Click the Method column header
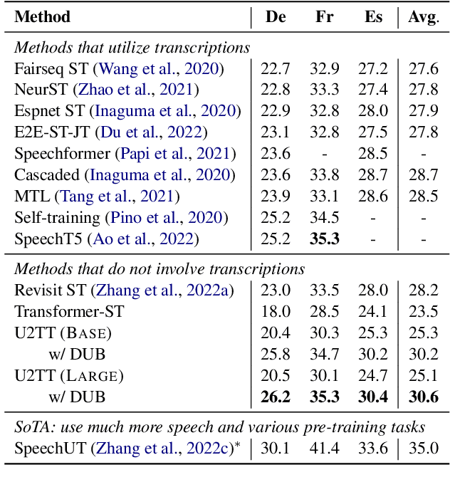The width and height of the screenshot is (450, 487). (42, 16)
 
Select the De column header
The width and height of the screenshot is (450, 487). (276, 16)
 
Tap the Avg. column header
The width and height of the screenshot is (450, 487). (423, 16)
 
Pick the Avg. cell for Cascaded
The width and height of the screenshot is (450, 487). (423, 174)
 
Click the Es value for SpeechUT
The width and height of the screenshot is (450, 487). (373, 448)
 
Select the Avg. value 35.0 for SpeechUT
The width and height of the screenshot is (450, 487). (424, 448)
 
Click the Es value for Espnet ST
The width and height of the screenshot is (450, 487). (373, 112)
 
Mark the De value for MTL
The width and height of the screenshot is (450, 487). (276, 196)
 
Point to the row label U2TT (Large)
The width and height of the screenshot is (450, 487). (69, 375)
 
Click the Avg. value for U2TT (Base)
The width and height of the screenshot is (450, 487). (423, 332)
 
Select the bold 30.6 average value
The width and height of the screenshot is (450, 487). (423, 397)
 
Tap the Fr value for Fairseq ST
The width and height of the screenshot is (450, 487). (324, 69)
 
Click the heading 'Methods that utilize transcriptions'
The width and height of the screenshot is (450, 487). (132, 48)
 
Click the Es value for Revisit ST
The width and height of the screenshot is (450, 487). (373, 290)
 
